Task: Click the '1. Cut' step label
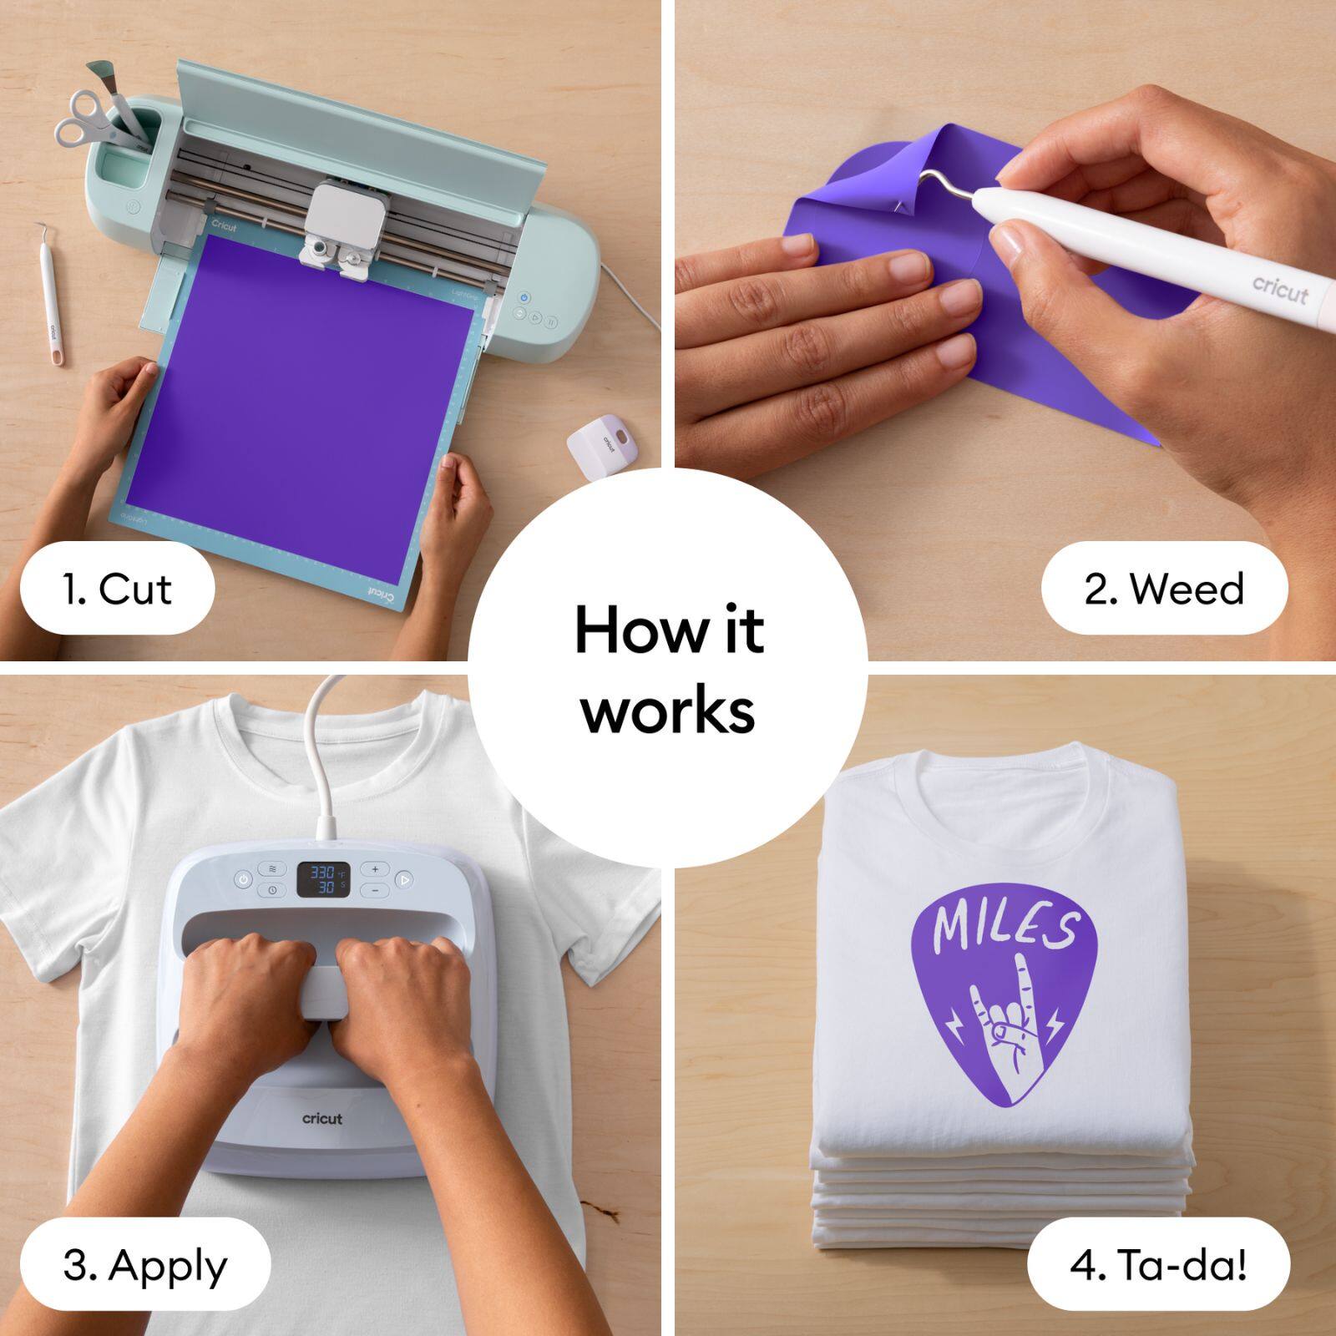point(117,590)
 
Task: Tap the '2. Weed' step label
point(1164,590)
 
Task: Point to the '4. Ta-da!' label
point(1158,1265)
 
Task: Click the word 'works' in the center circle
point(668,711)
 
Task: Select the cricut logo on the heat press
point(322,1118)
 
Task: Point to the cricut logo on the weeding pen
point(1279,289)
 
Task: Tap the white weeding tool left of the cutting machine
point(48,292)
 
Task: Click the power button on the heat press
point(243,879)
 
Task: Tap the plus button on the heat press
point(375,869)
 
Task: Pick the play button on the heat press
point(403,879)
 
